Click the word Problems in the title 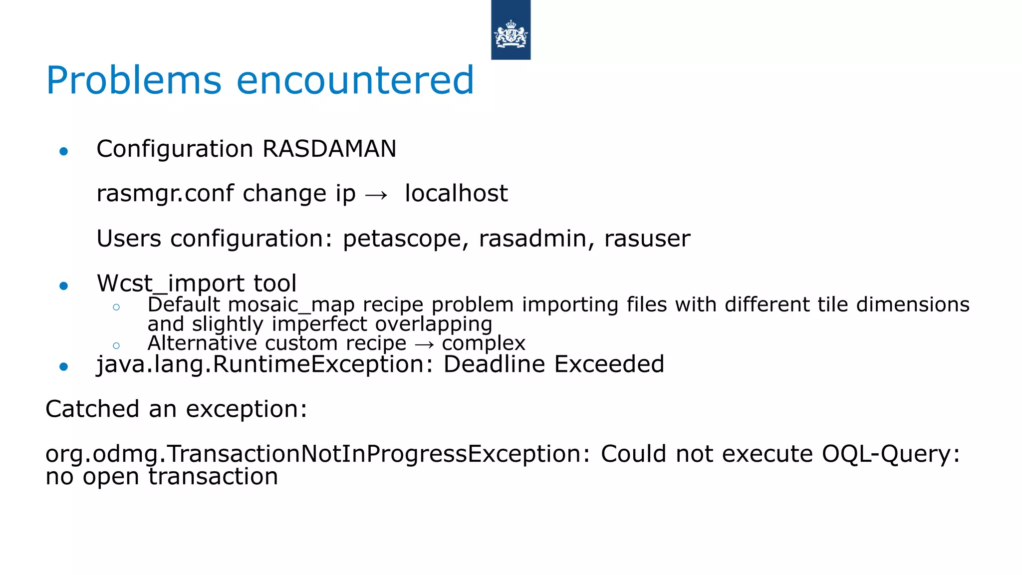tap(134, 81)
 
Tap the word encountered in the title tap(355, 81)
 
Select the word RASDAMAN tap(329, 149)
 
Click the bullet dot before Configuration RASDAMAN tap(63, 151)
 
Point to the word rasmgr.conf tap(165, 194)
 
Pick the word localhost tap(456, 194)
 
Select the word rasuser tap(647, 239)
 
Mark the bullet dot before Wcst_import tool tap(63, 286)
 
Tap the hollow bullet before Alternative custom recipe tap(116, 345)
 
